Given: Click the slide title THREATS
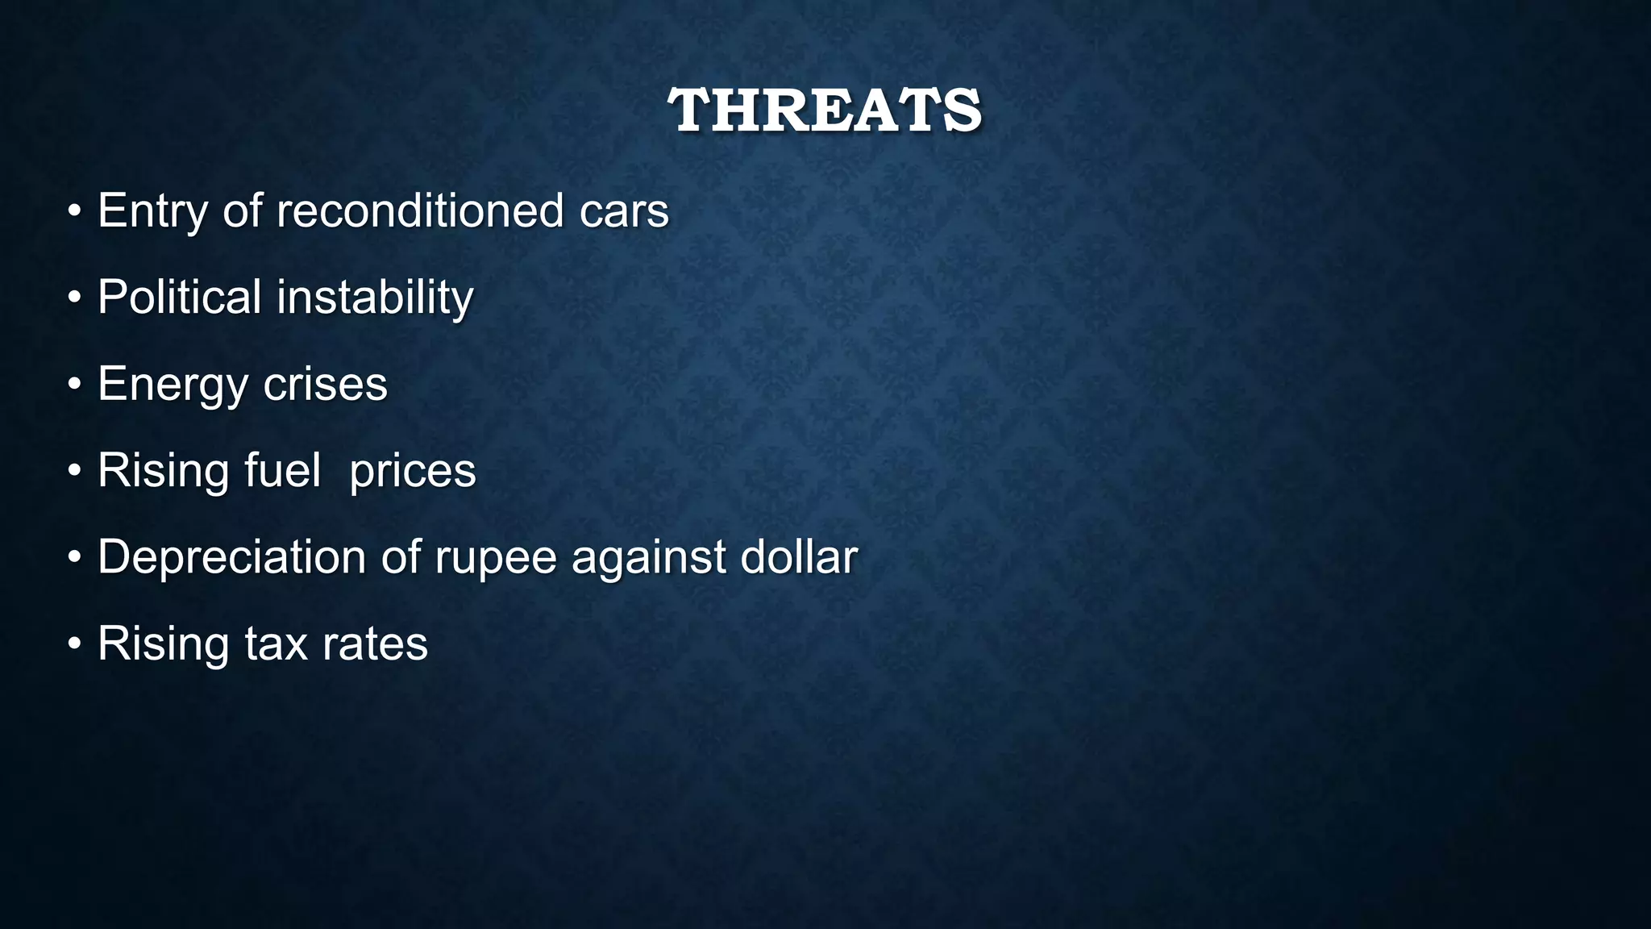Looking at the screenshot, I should point(825,110).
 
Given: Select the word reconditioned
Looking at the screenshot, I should point(420,211).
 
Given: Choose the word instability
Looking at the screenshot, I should point(375,297).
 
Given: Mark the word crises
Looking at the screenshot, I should point(326,384).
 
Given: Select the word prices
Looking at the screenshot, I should point(413,472).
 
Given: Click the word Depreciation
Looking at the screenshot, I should point(232,557).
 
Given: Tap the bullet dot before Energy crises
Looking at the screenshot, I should point(75,385).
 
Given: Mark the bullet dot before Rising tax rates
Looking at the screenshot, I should point(75,644).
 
